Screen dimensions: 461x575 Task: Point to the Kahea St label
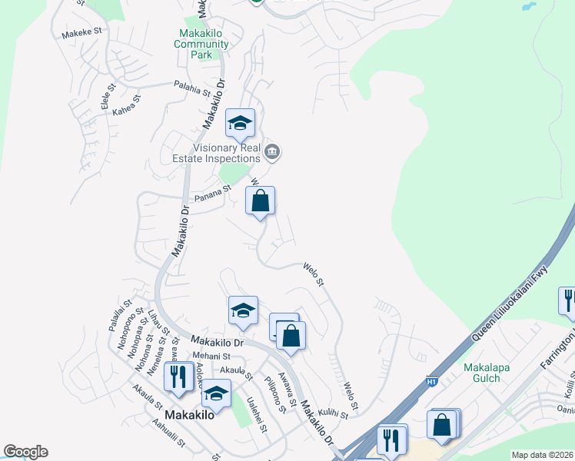pyautogui.click(x=127, y=105)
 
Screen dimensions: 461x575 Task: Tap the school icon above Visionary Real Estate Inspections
pyautogui.click(x=240, y=124)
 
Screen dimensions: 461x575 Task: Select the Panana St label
pyautogui.click(x=213, y=198)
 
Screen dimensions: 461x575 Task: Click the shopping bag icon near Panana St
pyautogui.click(x=261, y=202)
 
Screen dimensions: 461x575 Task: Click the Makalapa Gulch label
pyautogui.click(x=487, y=373)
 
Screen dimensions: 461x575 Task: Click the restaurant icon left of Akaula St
pyautogui.click(x=178, y=377)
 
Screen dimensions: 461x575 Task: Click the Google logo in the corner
pyautogui.click(x=25, y=452)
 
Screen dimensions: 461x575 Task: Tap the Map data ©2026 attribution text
pyautogui.click(x=542, y=455)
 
